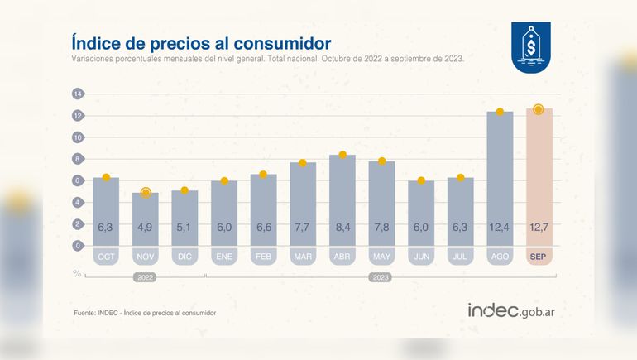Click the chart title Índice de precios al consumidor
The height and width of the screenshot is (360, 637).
coord(201,41)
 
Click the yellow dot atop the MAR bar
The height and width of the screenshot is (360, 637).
coord(302,163)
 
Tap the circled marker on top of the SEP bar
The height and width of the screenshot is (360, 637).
coord(539,109)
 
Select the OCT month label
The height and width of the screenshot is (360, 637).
coord(106,257)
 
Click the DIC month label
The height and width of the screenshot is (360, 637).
coord(184,257)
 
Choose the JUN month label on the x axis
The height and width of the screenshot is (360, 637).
coord(420,257)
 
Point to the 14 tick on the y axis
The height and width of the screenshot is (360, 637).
coord(78,94)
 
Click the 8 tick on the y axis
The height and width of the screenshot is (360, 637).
coord(78,159)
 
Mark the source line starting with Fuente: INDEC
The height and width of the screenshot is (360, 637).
coord(145,313)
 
